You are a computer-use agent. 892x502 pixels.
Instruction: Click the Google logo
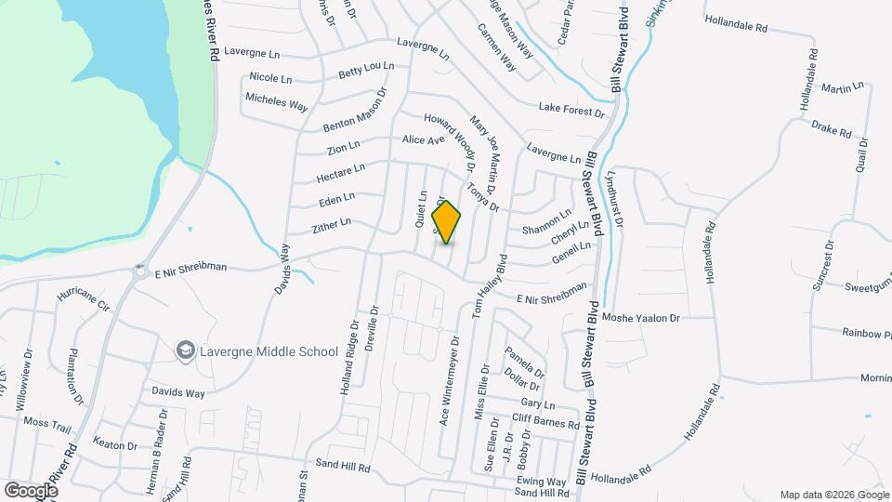pyautogui.click(x=31, y=490)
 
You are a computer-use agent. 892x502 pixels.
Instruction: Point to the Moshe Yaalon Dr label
pyautogui.click(x=641, y=317)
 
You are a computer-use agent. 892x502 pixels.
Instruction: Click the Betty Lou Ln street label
pyautogui.click(x=366, y=70)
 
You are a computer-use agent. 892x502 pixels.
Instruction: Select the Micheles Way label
pyautogui.click(x=276, y=102)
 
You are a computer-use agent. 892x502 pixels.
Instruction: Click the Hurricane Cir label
pyautogui.click(x=83, y=298)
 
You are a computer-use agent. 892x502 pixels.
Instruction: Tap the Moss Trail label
pyautogui.click(x=47, y=422)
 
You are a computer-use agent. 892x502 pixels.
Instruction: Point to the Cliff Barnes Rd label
pyautogui.click(x=545, y=421)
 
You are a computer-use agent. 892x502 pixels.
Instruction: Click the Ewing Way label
pyautogui.click(x=543, y=482)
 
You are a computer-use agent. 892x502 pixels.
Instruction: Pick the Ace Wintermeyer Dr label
pyautogui.click(x=447, y=379)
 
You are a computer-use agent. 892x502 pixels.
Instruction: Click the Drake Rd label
pyautogui.click(x=832, y=128)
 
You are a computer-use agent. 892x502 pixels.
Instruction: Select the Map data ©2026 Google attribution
pyautogui.click(x=833, y=495)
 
